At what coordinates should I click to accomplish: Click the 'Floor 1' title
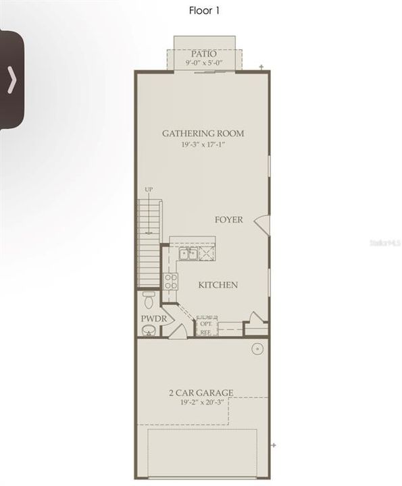pos(205,10)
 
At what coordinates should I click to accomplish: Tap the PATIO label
pos(203,53)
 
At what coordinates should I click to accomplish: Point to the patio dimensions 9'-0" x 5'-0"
pos(203,63)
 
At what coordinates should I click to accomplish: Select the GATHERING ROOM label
pos(203,133)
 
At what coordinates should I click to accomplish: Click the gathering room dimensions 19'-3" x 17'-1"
pos(203,144)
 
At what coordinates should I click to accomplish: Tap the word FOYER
pos(229,219)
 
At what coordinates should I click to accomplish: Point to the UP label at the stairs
pos(149,190)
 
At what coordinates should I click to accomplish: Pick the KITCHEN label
pos(218,285)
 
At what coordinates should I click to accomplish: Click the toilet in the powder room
pos(150,298)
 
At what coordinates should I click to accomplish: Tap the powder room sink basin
pos(149,330)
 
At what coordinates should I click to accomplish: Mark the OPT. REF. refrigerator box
pos(205,327)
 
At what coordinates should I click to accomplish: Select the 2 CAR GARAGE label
pos(201,392)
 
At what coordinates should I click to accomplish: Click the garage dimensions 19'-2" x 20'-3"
pos(202,402)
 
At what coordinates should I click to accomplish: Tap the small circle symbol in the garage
pos(257,349)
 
